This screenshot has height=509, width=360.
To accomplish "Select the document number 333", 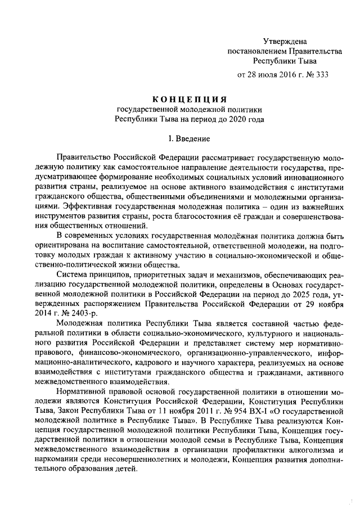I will tap(321, 74).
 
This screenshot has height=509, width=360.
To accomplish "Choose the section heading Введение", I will tap(194, 138).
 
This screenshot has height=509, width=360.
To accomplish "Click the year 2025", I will tap(266, 295).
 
